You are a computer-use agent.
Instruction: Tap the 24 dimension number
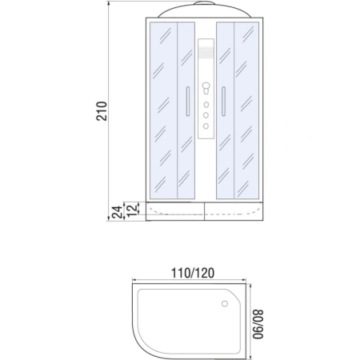point(117,211)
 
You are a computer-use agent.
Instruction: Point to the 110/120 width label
point(192,271)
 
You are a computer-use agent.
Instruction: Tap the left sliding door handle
point(188,102)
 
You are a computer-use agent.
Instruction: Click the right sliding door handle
point(223,102)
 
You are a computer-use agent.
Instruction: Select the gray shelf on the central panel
point(206,55)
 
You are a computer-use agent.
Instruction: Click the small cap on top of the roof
point(206,4)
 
